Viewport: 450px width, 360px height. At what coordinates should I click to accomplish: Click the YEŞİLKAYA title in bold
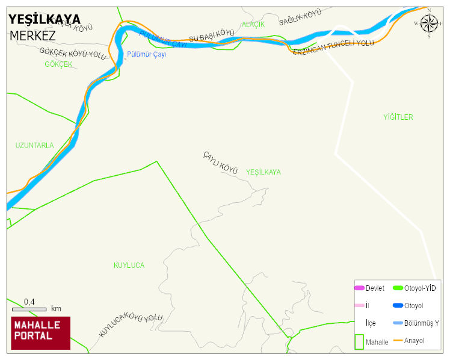tap(45, 19)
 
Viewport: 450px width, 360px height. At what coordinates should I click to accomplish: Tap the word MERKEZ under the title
tap(32, 36)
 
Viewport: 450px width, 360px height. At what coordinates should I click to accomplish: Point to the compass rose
tap(429, 23)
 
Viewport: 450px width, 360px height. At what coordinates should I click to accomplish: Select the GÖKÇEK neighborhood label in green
tap(58, 64)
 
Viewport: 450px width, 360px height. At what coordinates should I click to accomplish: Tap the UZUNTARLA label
tap(34, 146)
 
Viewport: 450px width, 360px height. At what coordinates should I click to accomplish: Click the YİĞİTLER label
tap(398, 117)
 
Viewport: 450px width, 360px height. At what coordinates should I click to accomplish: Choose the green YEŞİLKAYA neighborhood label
tap(263, 172)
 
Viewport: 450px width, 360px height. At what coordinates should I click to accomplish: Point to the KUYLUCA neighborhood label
tap(129, 265)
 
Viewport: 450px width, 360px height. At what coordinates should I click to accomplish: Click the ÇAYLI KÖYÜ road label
tap(220, 163)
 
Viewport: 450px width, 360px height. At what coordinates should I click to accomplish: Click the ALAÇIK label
tap(253, 25)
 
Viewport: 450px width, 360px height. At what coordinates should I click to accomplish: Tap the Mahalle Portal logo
tap(41, 332)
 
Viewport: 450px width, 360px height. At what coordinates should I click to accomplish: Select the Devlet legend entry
tap(369, 288)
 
